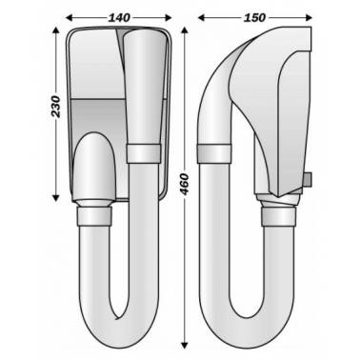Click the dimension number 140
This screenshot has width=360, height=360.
click(119, 17)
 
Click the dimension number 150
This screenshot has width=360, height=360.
click(254, 17)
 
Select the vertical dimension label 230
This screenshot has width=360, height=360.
click(55, 107)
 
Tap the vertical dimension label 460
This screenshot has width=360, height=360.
click(184, 185)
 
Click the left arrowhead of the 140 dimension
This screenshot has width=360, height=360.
click(70, 17)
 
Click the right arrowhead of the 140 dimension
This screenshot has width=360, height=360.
click(169, 17)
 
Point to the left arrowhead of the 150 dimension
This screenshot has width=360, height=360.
click(202, 17)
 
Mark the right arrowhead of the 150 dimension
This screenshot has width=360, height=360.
click(309, 17)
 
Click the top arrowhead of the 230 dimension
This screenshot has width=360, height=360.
click(56, 30)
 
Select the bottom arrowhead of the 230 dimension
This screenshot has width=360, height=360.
click(56, 198)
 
